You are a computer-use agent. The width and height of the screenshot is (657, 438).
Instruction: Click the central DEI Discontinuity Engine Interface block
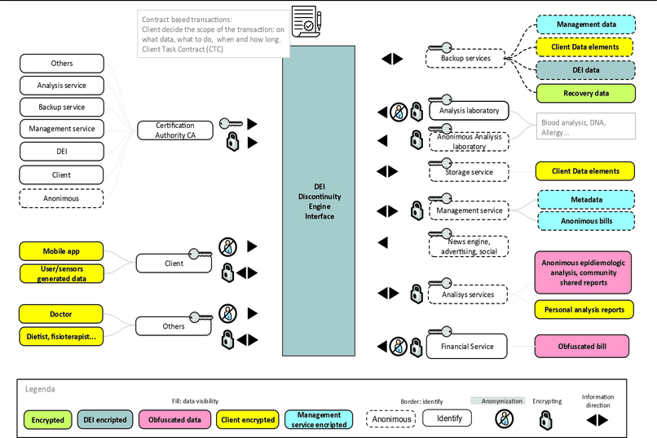[320, 200]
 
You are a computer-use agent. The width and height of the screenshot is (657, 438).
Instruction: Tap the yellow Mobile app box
[62, 250]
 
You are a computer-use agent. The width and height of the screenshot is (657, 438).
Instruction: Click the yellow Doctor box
[62, 314]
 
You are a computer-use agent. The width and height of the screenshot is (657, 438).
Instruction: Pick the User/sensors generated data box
[62, 274]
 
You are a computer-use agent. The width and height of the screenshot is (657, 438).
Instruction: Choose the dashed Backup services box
[465, 59]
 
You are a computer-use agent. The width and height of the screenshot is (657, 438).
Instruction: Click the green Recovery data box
[585, 93]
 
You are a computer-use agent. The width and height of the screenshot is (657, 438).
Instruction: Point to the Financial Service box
[466, 346]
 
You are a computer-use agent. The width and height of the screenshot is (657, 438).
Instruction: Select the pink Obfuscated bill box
[581, 346]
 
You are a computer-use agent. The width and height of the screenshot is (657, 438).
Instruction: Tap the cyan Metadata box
[585, 200]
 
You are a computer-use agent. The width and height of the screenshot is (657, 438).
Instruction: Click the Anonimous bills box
[585, 221]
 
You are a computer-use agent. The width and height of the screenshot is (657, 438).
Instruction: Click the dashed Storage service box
[469, 172]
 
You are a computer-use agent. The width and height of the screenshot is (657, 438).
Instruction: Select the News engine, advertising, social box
[469, 246]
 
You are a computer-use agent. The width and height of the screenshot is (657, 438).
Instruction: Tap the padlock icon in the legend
[547, 419]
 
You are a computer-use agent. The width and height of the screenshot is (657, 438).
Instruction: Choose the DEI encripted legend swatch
[105, 419]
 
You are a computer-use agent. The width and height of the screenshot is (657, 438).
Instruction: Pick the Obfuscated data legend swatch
[174, 419]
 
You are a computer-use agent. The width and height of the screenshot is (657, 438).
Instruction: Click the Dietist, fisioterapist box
[62, 335]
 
